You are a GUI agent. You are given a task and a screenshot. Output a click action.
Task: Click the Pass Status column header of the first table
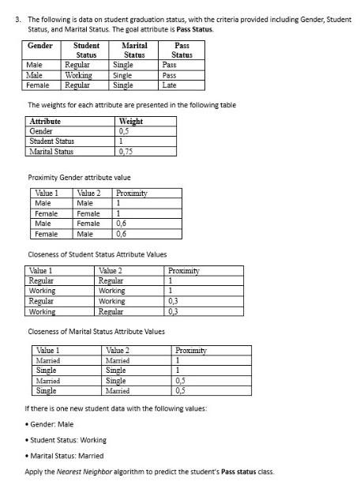pos(182,51)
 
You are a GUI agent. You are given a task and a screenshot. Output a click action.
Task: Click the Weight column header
pos(130,122)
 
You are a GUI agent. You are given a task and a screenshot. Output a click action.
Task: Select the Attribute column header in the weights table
pos(45,122)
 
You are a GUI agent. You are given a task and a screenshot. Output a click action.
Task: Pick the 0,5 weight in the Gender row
pos(123,131)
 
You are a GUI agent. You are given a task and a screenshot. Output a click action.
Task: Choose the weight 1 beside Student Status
pos(120,141)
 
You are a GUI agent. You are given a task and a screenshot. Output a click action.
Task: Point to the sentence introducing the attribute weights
pos(132,105)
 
